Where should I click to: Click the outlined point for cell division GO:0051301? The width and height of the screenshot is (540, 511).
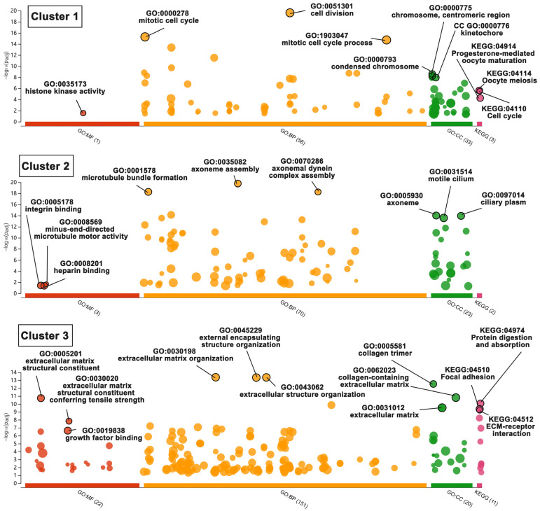(290, 13)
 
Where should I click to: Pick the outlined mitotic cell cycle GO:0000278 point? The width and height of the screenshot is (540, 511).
(145, 36)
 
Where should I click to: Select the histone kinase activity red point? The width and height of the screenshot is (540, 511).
(83, 113)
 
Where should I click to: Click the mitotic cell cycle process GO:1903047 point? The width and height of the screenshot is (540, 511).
(387, 40)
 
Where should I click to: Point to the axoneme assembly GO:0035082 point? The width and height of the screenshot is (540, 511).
(238, 183)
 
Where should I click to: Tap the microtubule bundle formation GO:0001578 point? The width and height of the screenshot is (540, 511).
(148, 192)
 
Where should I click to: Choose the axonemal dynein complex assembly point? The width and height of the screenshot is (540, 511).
(318, 192)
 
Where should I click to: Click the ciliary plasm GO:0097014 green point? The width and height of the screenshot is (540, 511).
(461, 216)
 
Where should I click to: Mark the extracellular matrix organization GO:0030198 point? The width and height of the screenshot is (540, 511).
(216, 377)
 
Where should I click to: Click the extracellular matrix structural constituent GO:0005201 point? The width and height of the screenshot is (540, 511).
(41, 398)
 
